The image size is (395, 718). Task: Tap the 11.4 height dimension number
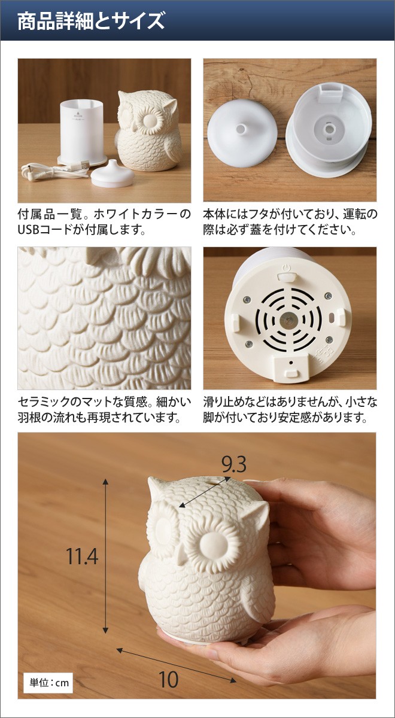82,556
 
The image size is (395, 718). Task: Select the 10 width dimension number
169,679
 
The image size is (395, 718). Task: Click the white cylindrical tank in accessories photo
83,128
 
